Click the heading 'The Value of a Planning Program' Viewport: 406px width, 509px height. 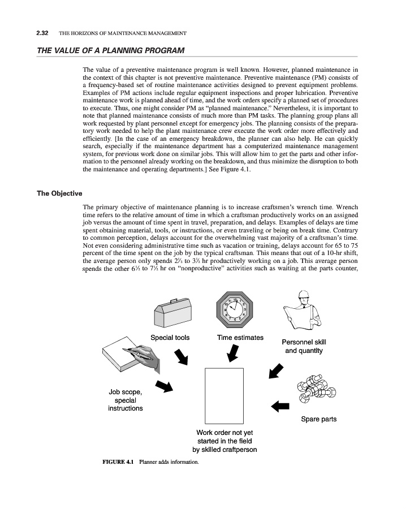[x=110, y=51]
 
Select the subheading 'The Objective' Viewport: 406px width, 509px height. [x=60, y=193]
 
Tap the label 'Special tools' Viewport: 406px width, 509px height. [x=170, y=338]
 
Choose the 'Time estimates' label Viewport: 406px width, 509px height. [x=240, y=338]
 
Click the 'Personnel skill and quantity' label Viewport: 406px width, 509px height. [x=304, y=346]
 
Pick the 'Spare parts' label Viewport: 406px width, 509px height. [x=319, y=419]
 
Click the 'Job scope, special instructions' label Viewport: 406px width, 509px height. [x=126, y=400]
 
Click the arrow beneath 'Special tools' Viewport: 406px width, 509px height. [x=182, y=357]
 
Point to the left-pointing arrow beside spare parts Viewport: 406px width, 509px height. [x=280, y=406]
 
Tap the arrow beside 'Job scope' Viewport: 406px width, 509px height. [x=163, y=386]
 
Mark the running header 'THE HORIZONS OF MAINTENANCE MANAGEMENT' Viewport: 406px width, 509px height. [x=123, y=34]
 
